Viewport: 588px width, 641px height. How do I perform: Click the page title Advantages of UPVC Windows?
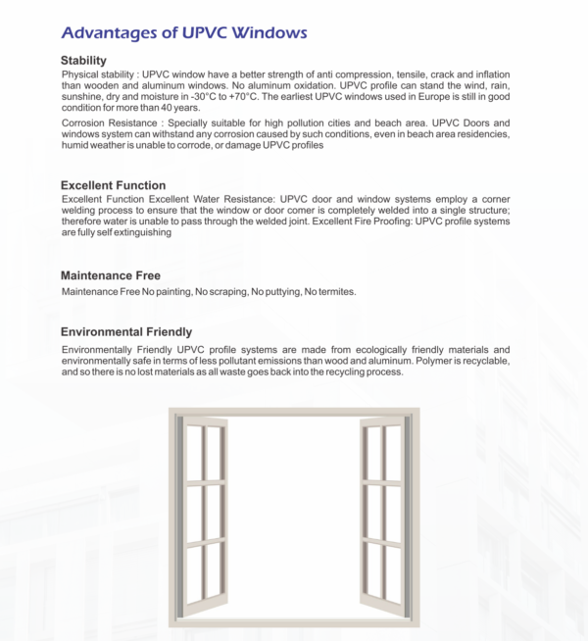182,33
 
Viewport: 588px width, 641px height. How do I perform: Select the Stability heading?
83,61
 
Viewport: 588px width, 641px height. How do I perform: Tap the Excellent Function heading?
113,185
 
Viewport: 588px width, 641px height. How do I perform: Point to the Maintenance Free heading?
110,275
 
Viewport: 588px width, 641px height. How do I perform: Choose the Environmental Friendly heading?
125,332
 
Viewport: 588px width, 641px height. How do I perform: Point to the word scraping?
222,292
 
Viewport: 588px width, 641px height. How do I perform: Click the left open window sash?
203,509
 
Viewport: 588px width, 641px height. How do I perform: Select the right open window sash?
384,509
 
